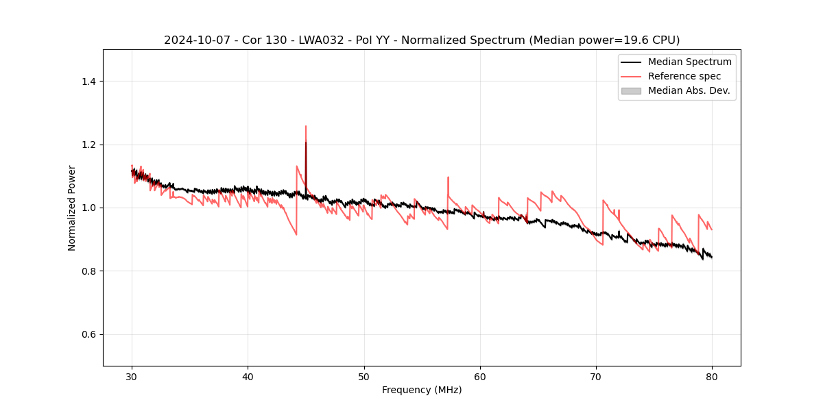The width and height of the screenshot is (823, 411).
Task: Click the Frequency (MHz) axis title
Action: [x=422, y=390]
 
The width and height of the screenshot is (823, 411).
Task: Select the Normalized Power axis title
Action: [x=72, y=208]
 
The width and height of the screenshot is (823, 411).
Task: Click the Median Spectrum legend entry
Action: [x=689, y=62]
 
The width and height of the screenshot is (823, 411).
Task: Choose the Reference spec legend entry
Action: [x=684, y=76]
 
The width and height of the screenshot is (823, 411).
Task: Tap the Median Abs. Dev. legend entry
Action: [x=689, y=90]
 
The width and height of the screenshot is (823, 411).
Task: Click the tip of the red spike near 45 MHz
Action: [x=306, y=126]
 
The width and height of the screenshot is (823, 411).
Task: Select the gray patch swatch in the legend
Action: [x=631, y=90]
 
